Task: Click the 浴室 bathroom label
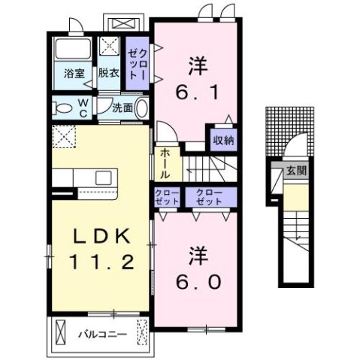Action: [x=73, y=74]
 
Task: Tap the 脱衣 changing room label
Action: [x=110, y=74]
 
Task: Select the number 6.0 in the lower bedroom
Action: [x=199, y=283]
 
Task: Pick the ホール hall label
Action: [x=164, y=165]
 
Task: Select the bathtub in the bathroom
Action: [x=73, y=51]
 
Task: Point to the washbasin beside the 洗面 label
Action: [x=144, y=108]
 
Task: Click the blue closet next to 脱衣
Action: [x=136, y=62]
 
